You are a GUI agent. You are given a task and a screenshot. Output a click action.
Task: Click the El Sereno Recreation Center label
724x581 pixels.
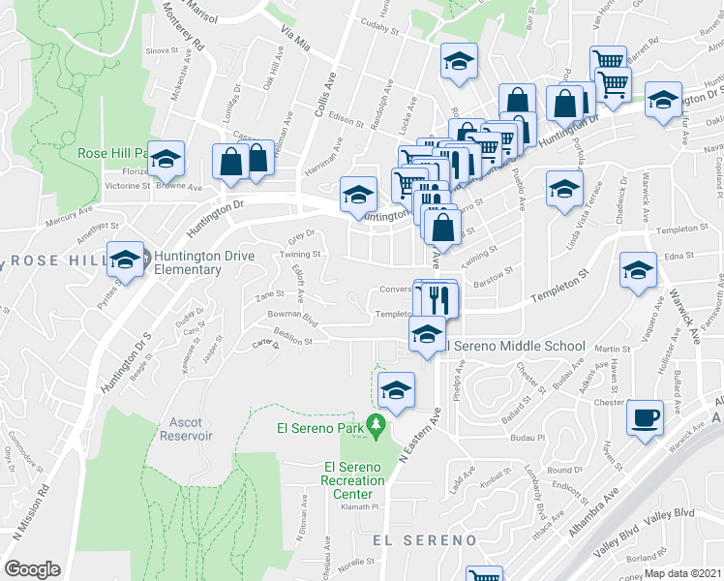[x=352, y=480]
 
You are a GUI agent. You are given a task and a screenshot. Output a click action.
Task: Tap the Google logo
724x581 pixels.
[x=33, y=568]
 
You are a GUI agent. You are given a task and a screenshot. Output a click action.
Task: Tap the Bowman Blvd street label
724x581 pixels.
[x=294, y=316]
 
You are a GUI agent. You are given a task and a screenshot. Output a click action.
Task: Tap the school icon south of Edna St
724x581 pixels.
[x=638, y=271]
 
